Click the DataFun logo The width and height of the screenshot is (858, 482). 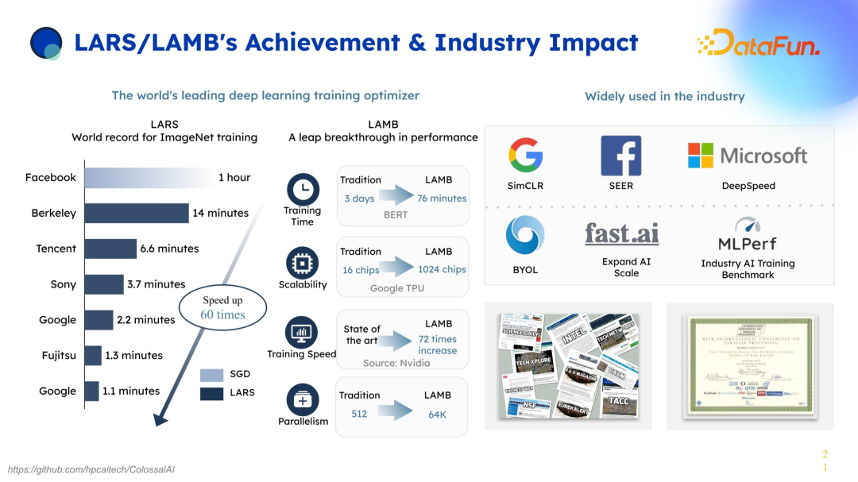(758, 43)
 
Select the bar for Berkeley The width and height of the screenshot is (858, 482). (137, 213)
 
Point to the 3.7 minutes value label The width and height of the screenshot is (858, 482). (157, 284)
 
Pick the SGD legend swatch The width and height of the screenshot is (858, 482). (211, 375)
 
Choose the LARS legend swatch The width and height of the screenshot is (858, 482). (211, 392)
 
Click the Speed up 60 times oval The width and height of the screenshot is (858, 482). (223, 308)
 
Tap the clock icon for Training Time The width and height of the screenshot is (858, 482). (302, 189)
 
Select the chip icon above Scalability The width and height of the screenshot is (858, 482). (302, 262)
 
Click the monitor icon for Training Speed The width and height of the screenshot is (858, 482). (302, 332)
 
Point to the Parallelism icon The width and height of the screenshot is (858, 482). (302, 400)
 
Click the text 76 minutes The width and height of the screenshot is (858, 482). (442, 199)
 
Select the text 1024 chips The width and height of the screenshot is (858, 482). (441, 270)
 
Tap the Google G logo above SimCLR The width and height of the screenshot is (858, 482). (525, 155)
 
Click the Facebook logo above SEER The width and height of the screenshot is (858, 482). (620, 156)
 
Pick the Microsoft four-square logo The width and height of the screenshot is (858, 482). (701, 156)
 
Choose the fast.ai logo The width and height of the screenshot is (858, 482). (621, 233)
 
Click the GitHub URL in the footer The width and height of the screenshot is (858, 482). (91, 469)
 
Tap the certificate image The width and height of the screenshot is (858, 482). (750, 366)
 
